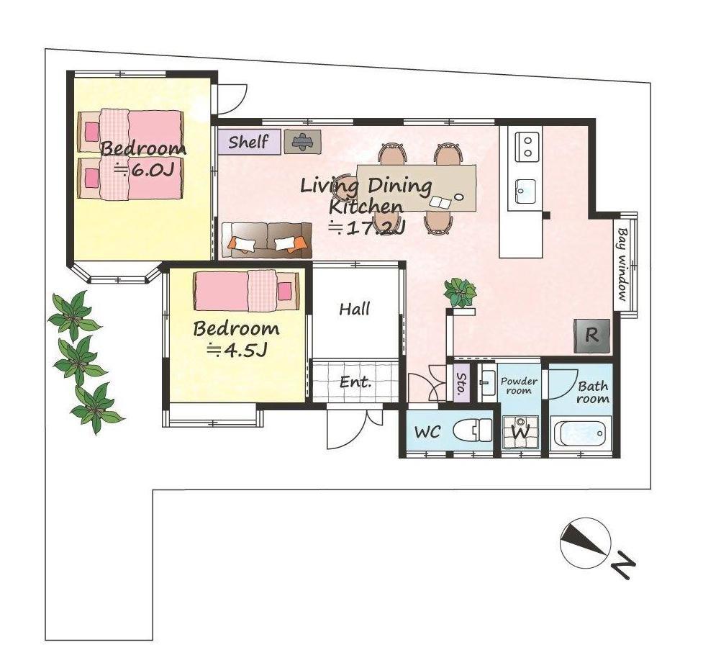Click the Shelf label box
click(249, 142)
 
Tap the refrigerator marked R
click(591, 336)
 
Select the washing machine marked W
click(521, 432)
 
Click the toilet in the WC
click(473, 431)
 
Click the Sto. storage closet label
click(461, 383)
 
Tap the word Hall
click(355, 309)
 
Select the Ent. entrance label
click(355, 382)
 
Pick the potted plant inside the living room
click(460, 292)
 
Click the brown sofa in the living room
click(266, 240)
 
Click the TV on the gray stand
click(302, 141)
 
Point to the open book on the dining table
click(441, 202)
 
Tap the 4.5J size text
click(237, 351)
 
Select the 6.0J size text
click(144, 171)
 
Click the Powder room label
click(519, 386)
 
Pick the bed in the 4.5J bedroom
click(247, 291)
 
